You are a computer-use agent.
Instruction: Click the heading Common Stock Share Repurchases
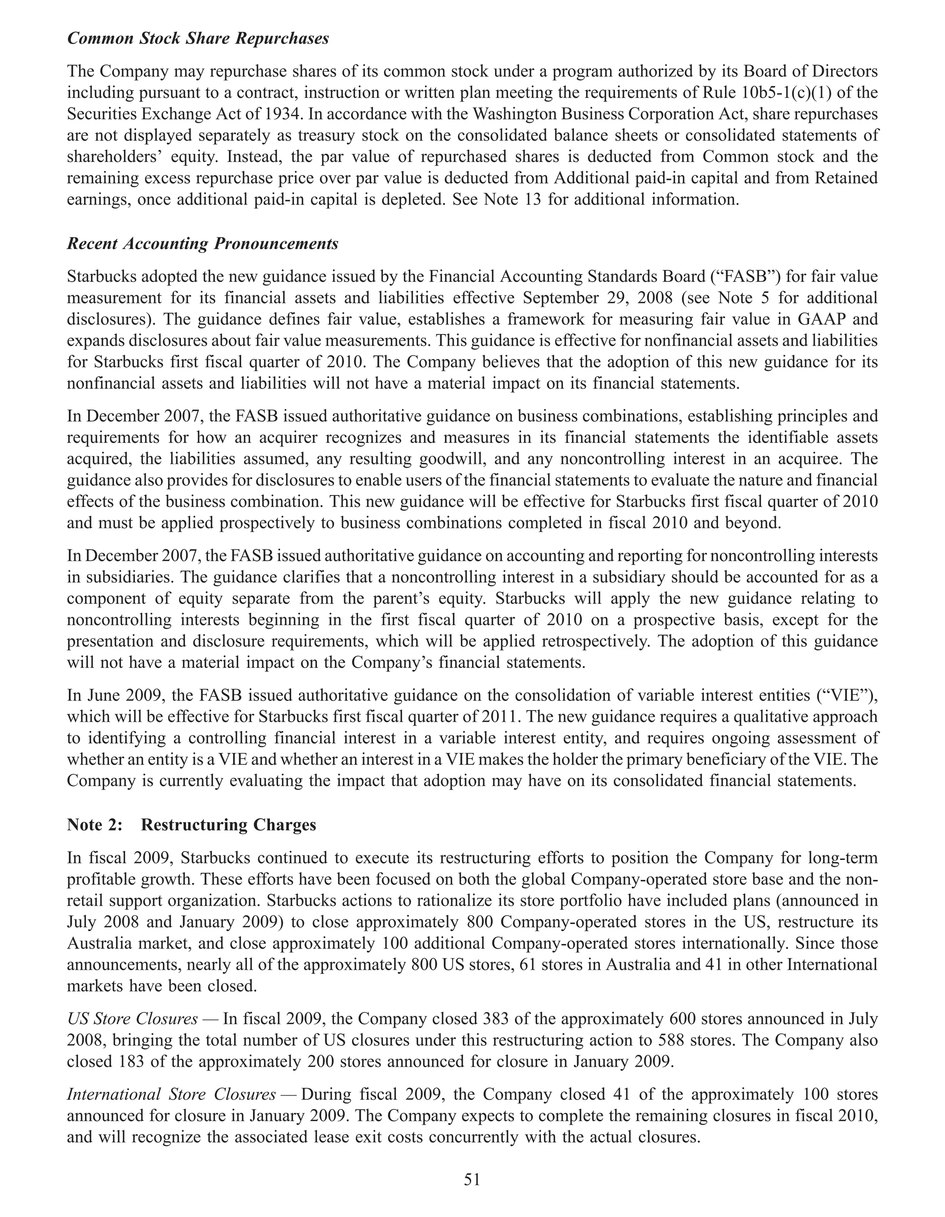(198, 39)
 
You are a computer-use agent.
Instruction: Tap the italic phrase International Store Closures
(171, 1094)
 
